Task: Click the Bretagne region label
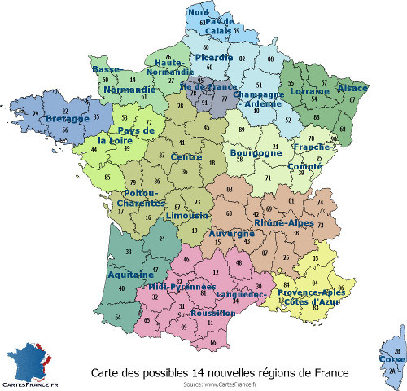coord(68,119)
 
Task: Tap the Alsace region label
coord(352,88)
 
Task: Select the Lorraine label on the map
coord(310,92)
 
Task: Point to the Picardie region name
coord(212,59)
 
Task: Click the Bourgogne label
coord(234,152)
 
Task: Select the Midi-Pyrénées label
coord(182,287)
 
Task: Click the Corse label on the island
coord(392,359)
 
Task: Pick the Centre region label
coord(187,156)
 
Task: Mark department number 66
coord(213,343)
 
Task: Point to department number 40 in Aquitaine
coord(122,288)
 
